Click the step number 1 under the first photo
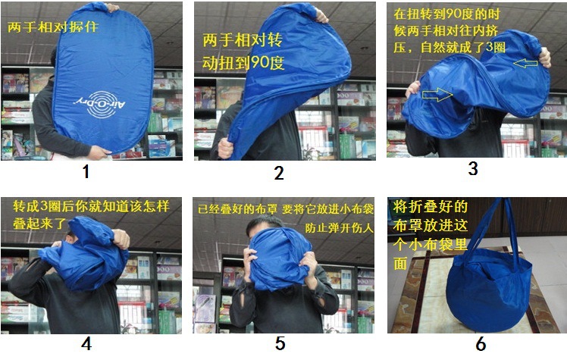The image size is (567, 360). pos(86,171)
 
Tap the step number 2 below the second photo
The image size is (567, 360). pos(279,173)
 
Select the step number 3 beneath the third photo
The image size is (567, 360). pos(473,168)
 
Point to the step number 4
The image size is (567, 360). pos(86,343)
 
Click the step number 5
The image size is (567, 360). pos(280,343)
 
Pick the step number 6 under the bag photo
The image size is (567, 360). pos(481,344)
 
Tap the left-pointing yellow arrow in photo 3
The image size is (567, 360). pos(525,64)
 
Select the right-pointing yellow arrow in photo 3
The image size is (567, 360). pos(437,95)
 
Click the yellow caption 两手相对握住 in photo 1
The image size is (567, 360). pos(53,27)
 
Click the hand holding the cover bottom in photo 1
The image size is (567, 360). pos(99,152)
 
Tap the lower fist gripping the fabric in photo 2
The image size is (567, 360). pos(225,148)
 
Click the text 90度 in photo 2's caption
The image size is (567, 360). pos(267,63)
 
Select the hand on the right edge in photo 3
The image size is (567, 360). pos(544,58)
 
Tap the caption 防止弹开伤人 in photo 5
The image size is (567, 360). pos(339,227)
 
